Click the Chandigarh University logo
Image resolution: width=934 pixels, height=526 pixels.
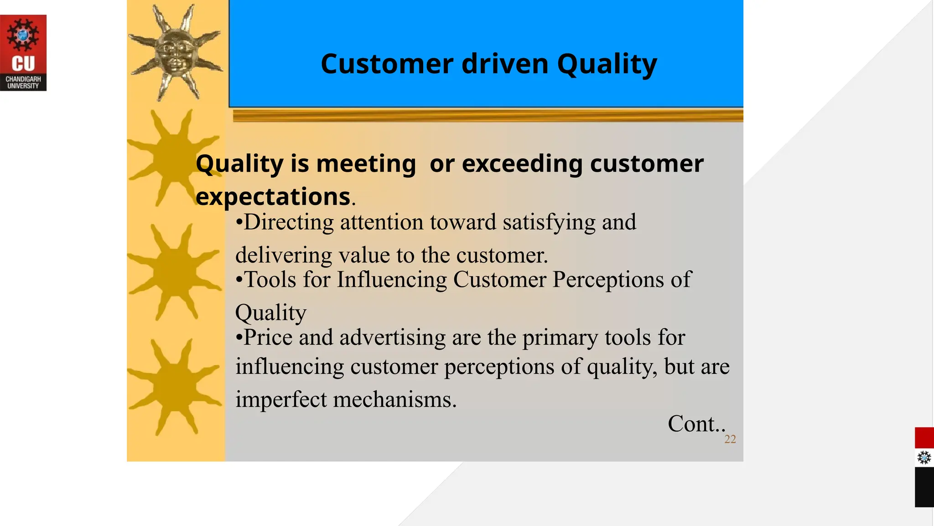tap(23, 53)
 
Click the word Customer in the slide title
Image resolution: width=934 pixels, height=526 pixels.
tap(387, 64)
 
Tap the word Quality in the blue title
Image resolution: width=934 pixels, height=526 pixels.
tap(607, 64)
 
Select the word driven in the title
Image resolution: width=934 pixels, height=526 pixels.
tap(504, 64)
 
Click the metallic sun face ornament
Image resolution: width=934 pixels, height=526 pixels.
tap(176, 52)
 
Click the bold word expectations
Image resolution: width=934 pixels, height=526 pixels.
tap(273, 197)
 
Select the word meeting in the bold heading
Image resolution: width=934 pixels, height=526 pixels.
tap(366, 163)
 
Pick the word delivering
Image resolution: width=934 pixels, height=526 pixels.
tap(283, 255)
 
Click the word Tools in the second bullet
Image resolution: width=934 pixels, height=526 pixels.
tap(270, 279)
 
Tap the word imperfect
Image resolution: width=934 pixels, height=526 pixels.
tap(280, 400)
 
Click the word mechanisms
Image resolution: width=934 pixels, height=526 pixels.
tap(394, 400)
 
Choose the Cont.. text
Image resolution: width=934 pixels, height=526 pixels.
tap(695, 424)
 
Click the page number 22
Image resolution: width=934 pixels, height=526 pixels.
tap(730, 439)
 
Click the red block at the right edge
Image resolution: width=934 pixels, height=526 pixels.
tap(924, 437)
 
